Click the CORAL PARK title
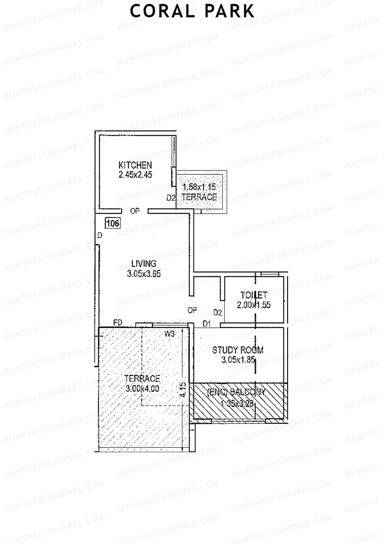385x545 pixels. tap(192, 11)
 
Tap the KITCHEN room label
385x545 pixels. tap(135, 165)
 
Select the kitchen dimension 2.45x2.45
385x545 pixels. tap(135, 175)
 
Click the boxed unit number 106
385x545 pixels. tap(113, 223)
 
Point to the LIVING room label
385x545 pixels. tap(144, 264)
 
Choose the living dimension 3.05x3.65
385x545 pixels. tap(144, 274)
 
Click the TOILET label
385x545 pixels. tap(254, 295)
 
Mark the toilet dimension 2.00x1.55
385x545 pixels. tap(254, 305)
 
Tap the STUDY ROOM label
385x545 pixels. tap(238, 350)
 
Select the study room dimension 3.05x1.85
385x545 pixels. tap(238, 360)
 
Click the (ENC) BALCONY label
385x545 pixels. tap(237, 392)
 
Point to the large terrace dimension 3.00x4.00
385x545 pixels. tap(142, 389)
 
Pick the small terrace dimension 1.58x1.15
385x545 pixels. tap(199, 187)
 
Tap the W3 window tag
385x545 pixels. tap(169, 334)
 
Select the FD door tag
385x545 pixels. tap(118, 322)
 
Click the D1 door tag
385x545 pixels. tap(207, 324)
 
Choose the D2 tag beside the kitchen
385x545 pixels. tap(171, 198)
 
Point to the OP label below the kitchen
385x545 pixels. tap(135, 211)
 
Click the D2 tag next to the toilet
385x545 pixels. tap(218, 312)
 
